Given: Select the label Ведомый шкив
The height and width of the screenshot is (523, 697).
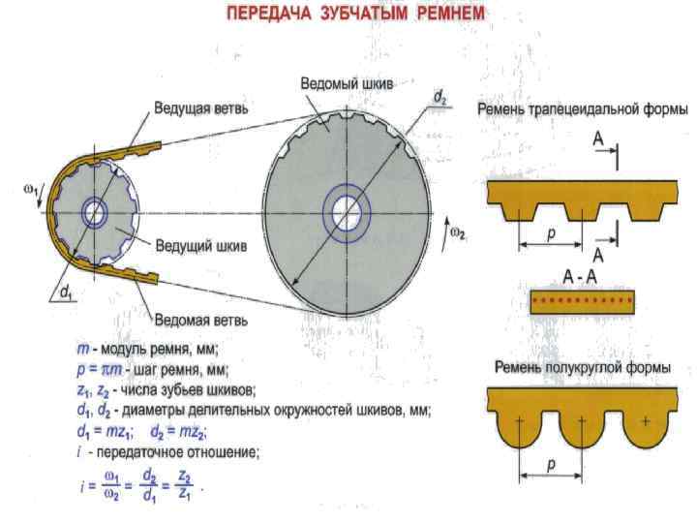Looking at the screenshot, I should (x=346, y=83).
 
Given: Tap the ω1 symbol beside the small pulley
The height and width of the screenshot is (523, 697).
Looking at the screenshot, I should (x=30, y=190).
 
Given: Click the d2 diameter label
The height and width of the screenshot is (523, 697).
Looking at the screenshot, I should (x=439, y=97).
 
